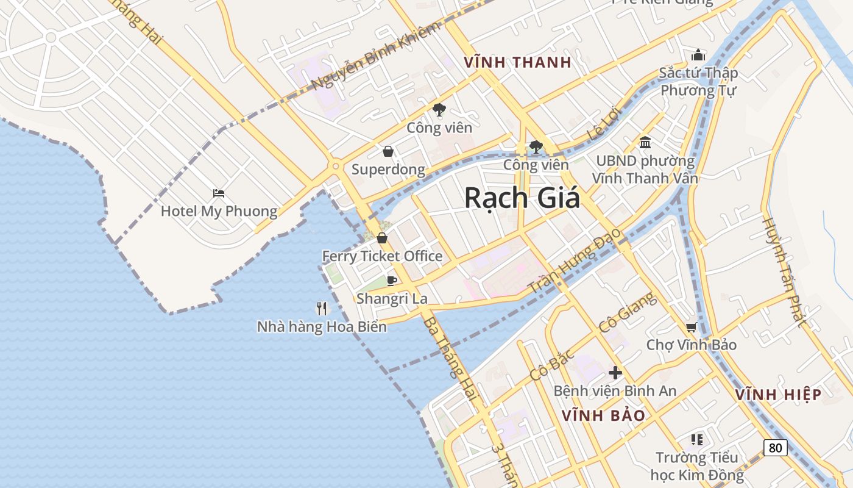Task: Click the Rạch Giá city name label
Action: tap(522, 198)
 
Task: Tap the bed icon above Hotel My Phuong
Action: tap(219, 193)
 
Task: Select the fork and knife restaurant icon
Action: tap(322, 309)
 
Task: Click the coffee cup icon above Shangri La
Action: tap(392, 281)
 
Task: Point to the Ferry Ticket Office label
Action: tap(382, 256)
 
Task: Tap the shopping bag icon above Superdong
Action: tap(388, 151)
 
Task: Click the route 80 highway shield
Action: tap(775, 447)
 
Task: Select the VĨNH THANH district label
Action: tap(517, 62)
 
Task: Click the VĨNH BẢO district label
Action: tap(603, 416)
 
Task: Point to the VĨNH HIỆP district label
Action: tap(778, 395)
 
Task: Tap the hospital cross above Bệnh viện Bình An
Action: tap(615, 373)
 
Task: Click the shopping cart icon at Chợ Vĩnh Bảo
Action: tap(691, 328)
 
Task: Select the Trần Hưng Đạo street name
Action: tap(575, 260)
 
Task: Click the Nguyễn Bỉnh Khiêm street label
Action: tap(374, 56)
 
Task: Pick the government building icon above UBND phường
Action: tap(645, 143)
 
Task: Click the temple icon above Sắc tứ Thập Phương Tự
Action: tap(698, 55)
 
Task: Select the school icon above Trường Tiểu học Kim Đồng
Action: tap(697, 439)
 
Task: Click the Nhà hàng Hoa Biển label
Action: tap(322, 327)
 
